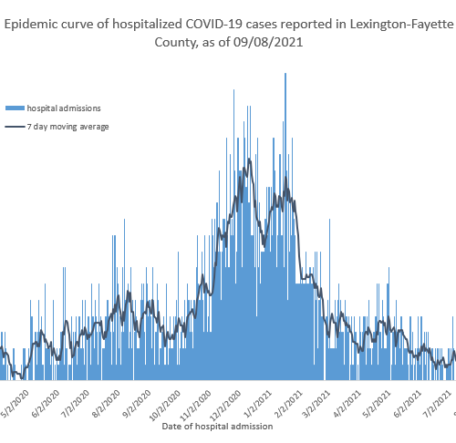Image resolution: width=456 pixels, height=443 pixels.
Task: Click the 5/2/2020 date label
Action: [x=16, y=404]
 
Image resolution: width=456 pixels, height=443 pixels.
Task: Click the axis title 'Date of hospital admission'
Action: [x=217, y=427]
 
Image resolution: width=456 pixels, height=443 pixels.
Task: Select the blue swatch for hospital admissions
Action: [x=15, y=108]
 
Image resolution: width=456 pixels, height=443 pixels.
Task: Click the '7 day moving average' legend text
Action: [x=67, y=127]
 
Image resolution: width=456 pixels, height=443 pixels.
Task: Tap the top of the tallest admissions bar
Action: [x=285, y=73]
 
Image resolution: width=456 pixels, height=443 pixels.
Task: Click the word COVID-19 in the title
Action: [x=213, y=24]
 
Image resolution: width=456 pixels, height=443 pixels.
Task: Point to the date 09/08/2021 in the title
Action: [x=268, y=42]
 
